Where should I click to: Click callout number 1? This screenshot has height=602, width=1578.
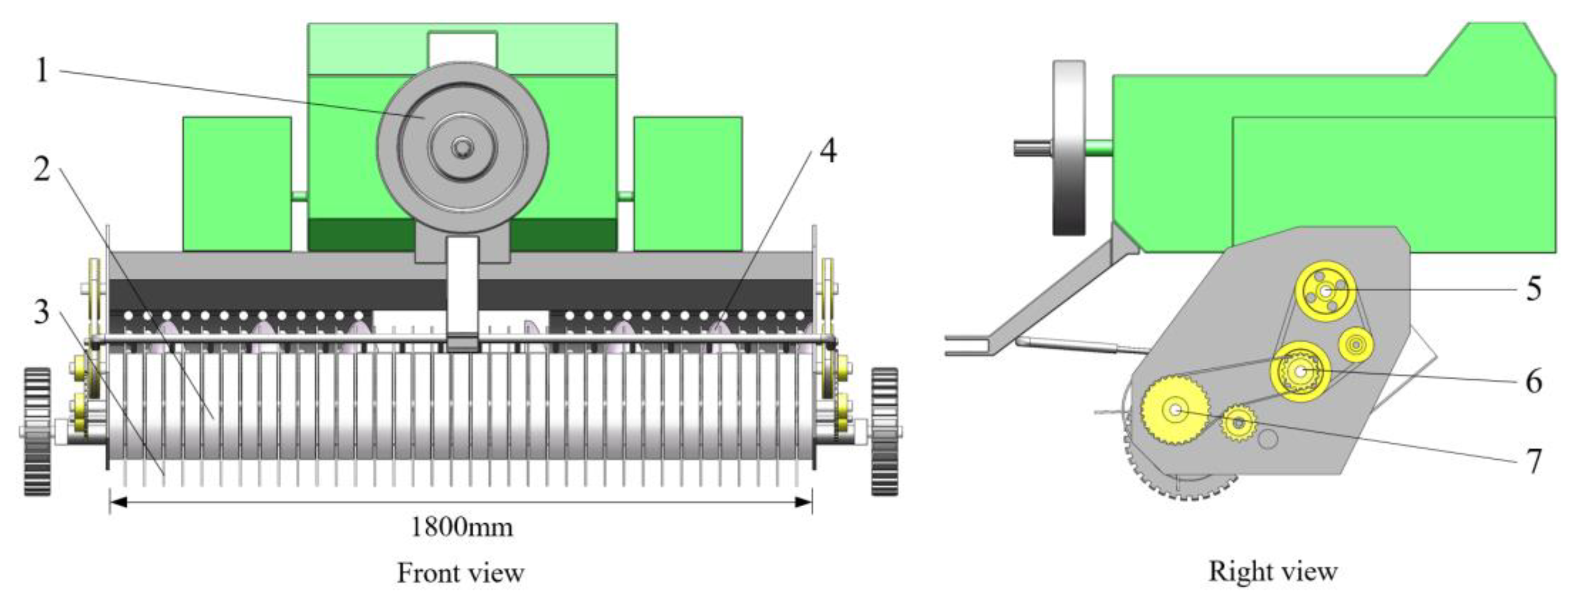(42, 71)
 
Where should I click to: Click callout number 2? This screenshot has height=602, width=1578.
(42, 170)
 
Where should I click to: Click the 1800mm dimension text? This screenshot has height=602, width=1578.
(461, 527)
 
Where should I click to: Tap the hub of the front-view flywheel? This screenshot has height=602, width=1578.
(461, 147)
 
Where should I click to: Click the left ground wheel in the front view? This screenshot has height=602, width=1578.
(37, 431)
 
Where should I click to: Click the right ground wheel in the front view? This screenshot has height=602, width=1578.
(885, 431)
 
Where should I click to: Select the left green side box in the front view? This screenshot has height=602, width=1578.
(237, 184)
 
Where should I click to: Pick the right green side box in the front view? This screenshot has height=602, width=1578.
(688, 184)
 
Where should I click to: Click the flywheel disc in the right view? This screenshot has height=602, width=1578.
(1068, 147)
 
